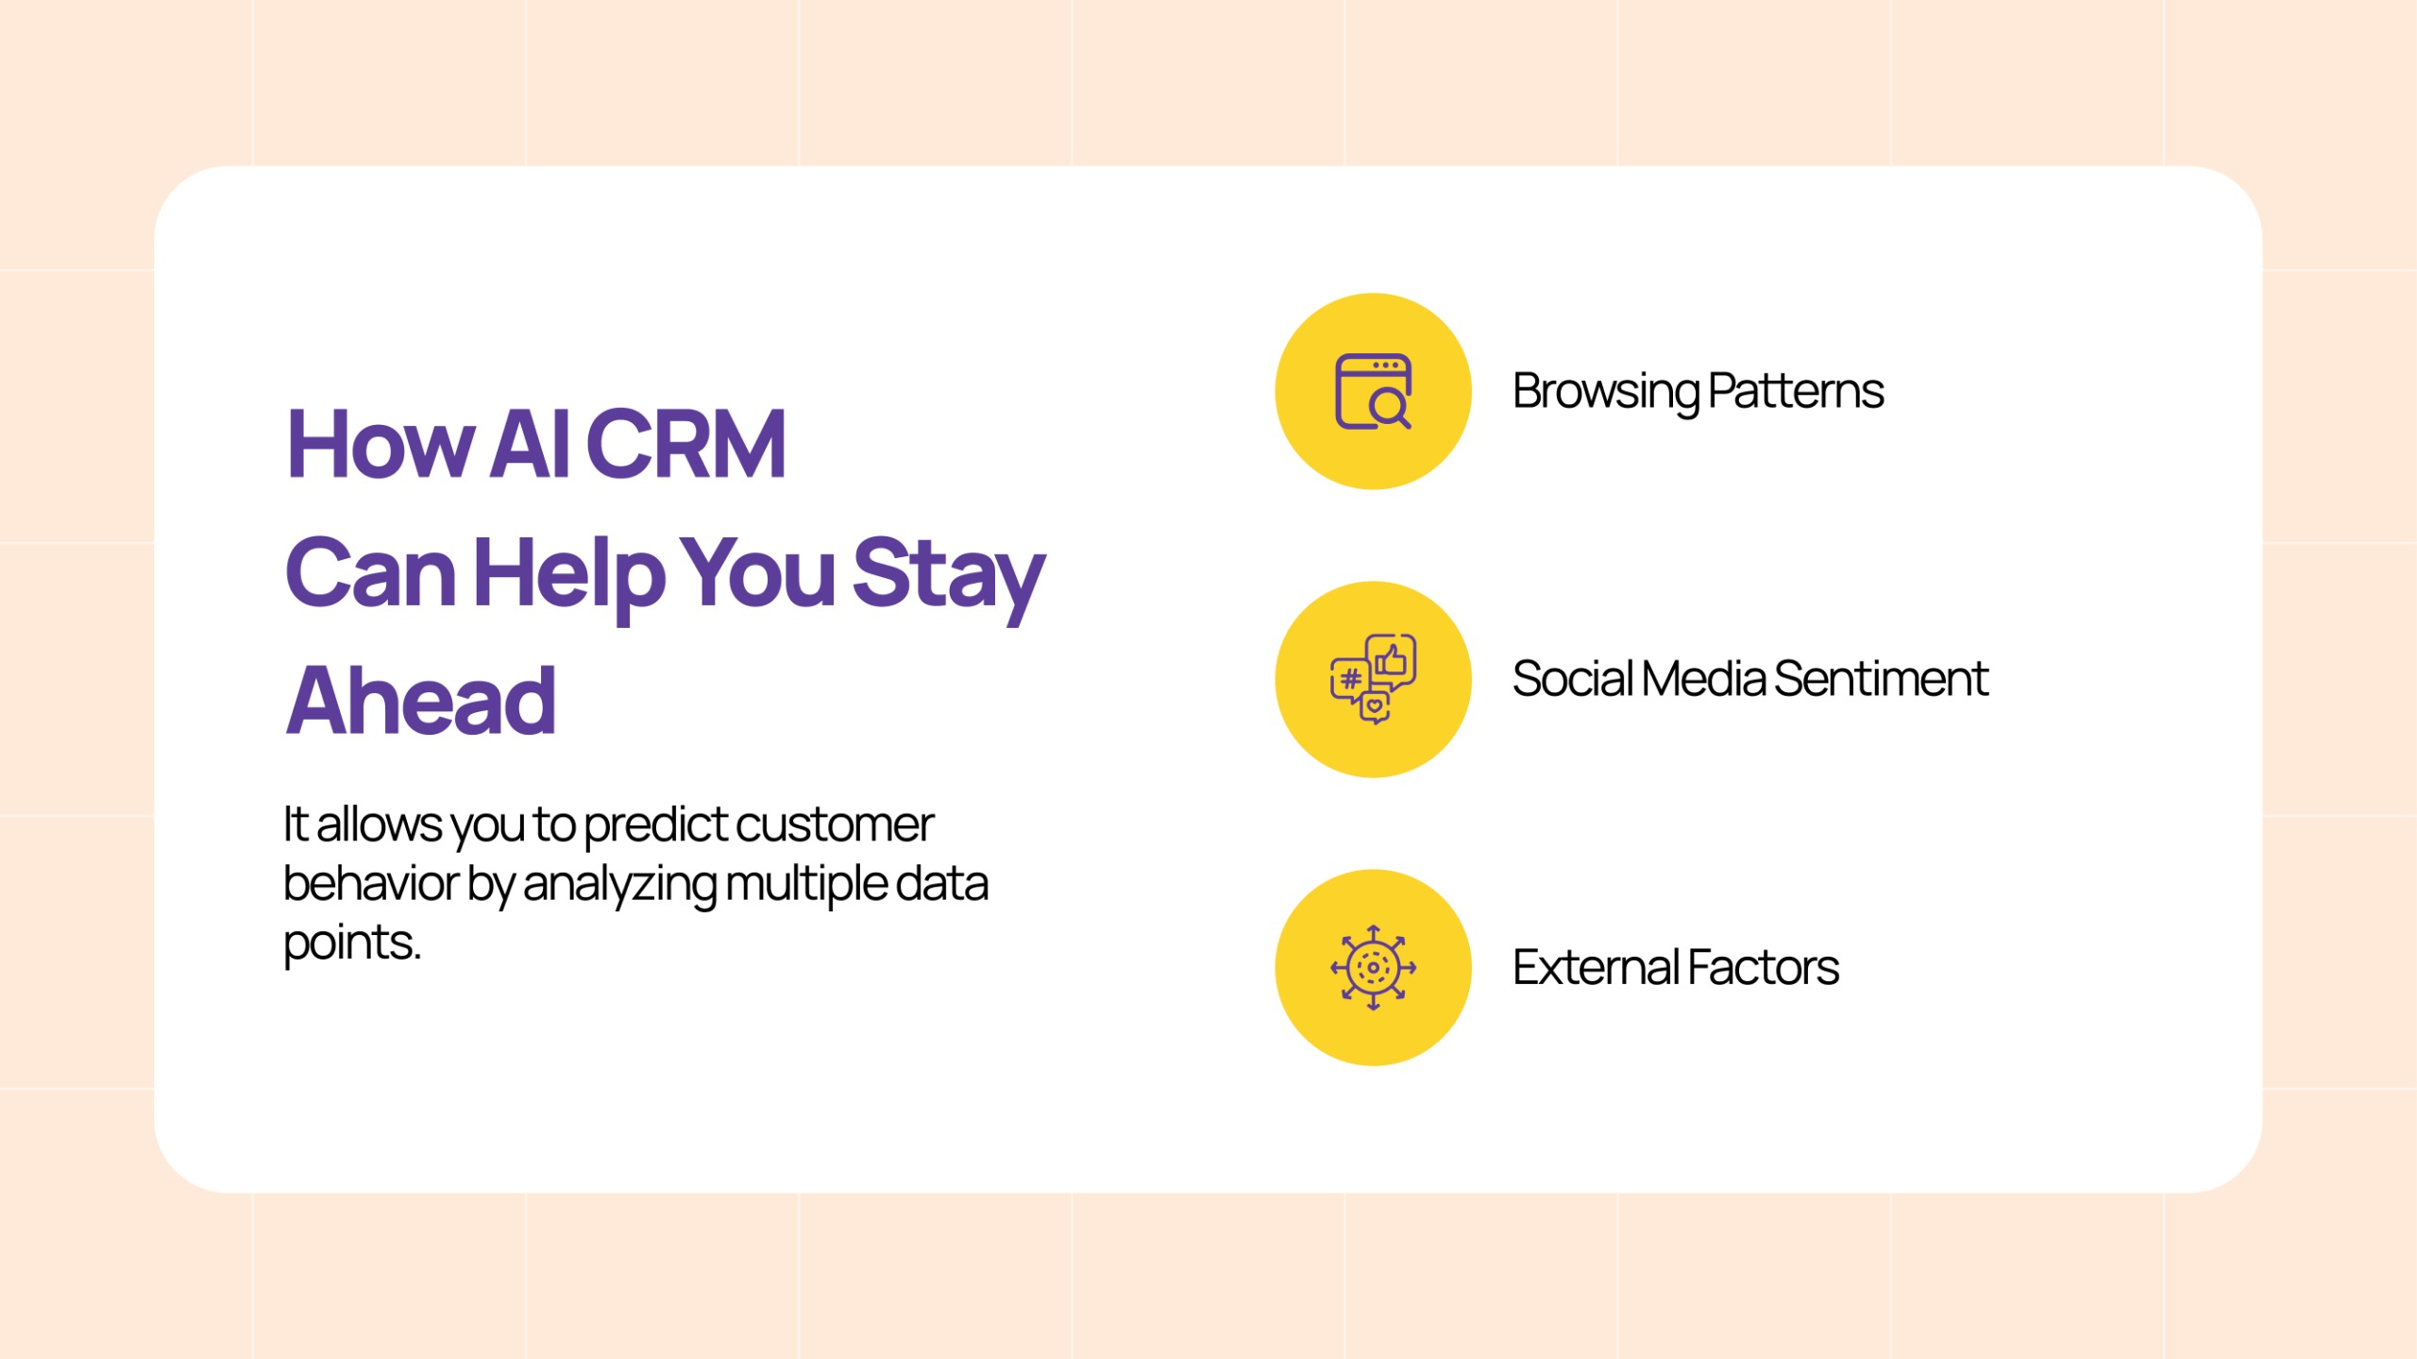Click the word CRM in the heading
685,444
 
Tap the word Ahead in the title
421,700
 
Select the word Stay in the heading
948,573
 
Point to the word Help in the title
569,573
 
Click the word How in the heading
380,444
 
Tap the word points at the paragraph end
351,943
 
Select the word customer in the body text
835,824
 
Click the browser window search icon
1373,391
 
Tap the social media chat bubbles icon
1373,679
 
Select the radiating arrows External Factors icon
1373,967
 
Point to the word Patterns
1796,391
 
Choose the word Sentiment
1881,679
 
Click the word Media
1703,679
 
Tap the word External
1596,967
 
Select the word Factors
1763,967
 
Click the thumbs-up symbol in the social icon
1392,658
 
